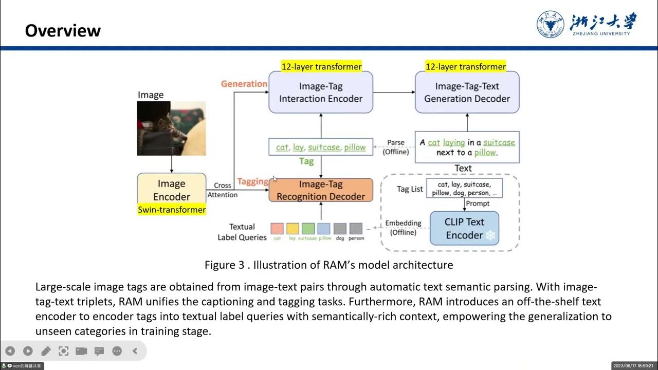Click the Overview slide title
point(63,31)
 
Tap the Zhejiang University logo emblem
point(550,24)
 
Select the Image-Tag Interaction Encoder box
point(321,92)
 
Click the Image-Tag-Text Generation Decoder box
point(467,92)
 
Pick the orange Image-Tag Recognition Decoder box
point(321,190)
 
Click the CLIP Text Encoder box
point(464,228)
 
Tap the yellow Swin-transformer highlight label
point(172,210)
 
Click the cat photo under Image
point(171,128)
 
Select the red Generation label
point(244,84)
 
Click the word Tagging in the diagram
point(252,181)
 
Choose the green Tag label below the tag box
point(306,161)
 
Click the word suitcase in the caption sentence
point(499,142)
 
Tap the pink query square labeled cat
point(277,229)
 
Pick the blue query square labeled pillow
point(324,229)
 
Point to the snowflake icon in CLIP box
point(490,235)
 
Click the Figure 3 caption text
point(328,265)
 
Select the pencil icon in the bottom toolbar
point(46,351)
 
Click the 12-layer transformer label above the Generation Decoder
point(465,67)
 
